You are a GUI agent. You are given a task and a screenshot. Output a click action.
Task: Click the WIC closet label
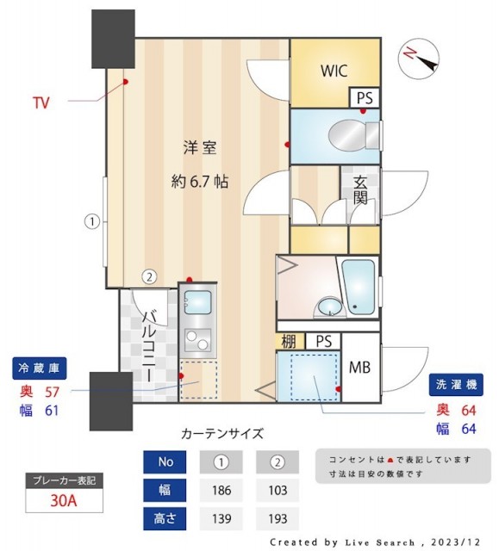(x=334, y=71)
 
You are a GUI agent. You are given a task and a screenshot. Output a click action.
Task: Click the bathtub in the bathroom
(x=359, y=286)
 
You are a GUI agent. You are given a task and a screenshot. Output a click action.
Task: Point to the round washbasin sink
(x=327, y=307)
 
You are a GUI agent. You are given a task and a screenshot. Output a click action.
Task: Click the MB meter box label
(x=360, y=368)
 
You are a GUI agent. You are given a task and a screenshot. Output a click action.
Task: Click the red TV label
(x=41, y=103)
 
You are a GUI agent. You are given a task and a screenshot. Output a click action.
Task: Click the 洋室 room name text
(x=199, y=148)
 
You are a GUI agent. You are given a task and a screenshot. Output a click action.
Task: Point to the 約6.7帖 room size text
(x=199, y=181)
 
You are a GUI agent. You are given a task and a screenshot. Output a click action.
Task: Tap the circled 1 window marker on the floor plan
(x=91, y=221)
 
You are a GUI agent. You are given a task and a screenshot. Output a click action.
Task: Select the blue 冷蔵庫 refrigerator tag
(x=39, y=368)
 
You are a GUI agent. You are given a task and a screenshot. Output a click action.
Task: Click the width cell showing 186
(x=221, y=492)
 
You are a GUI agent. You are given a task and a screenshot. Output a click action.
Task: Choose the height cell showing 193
(x=278, y=519)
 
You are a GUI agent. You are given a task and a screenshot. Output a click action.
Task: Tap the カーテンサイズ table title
(x=221, y=433)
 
